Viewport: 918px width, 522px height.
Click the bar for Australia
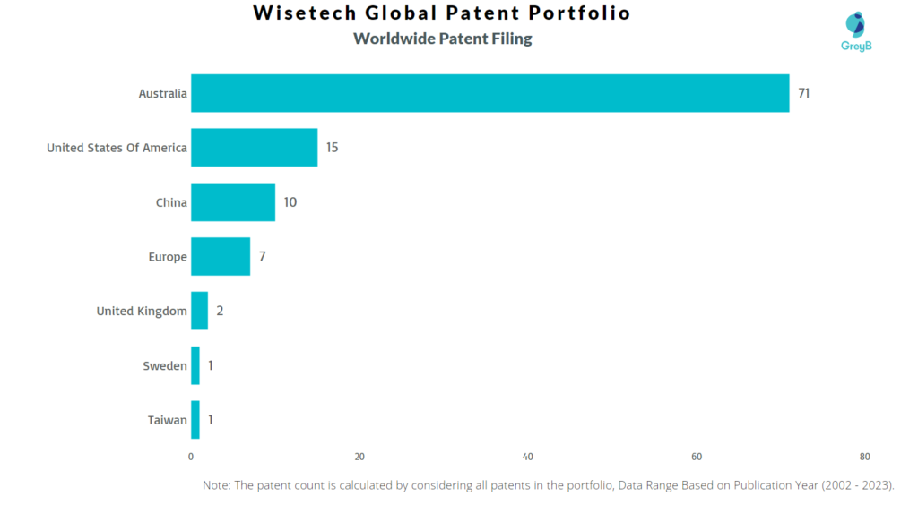pos(489,93)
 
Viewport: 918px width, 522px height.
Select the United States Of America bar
pos(254,148)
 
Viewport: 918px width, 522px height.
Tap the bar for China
pos(233,202)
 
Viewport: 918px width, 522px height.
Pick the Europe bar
pos(221,257)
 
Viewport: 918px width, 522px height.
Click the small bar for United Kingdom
pos(199,312)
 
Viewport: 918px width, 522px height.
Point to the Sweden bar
pos(195,365)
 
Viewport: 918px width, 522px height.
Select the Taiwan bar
pos(195,420)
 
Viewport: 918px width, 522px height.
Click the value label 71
pos(804,93)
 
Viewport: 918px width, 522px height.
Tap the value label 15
pos(332,148)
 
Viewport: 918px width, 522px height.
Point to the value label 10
pos(290,202)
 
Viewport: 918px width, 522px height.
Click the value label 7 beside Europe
pos(263,257)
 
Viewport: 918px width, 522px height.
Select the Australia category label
pos(162,94)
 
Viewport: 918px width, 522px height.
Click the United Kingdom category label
pos(142,312)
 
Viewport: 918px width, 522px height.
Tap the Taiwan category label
pos(168,420)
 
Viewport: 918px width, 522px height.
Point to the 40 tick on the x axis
pos(528,457)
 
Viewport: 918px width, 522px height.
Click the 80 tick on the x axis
pos(864,457)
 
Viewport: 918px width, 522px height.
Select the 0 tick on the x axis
pos(191,457)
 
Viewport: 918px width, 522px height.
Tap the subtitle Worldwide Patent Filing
pos(443,39)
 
